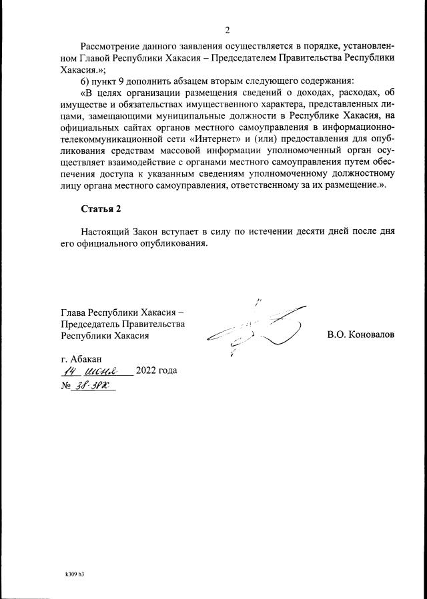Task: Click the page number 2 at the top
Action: point(227,30)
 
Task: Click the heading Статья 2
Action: point(101,209)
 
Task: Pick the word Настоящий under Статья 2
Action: point(105,231)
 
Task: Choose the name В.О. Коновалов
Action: point(360,334)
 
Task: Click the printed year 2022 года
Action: point(156,371)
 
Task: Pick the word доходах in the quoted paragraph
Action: point(320,93)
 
